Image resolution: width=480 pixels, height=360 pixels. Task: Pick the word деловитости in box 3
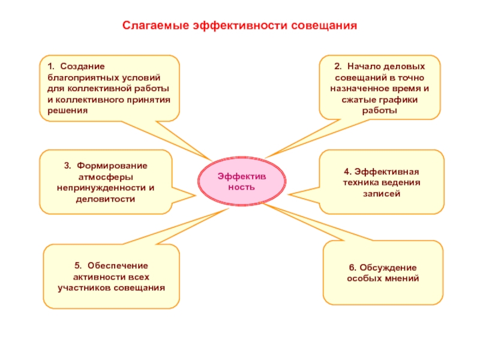point(106,199)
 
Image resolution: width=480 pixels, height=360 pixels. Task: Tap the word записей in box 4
point(382,194)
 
